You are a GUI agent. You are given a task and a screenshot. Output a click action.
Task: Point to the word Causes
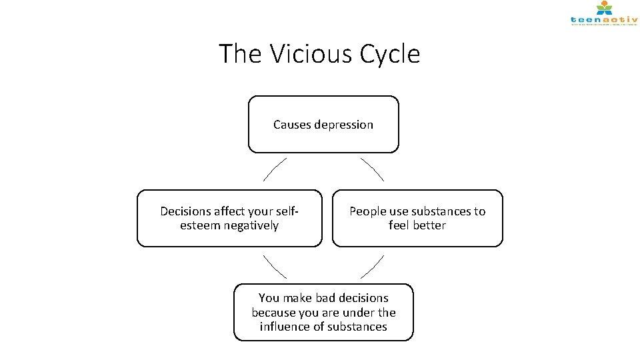288,125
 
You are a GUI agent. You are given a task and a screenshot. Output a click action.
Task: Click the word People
368,211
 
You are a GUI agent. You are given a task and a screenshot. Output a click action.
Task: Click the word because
274,312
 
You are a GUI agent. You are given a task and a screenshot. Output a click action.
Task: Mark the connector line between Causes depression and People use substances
372,169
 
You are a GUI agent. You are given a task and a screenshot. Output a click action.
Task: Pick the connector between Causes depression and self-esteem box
275,169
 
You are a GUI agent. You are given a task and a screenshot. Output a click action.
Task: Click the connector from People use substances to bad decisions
372,267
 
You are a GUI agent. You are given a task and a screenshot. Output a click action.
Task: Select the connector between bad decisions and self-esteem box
275,267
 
